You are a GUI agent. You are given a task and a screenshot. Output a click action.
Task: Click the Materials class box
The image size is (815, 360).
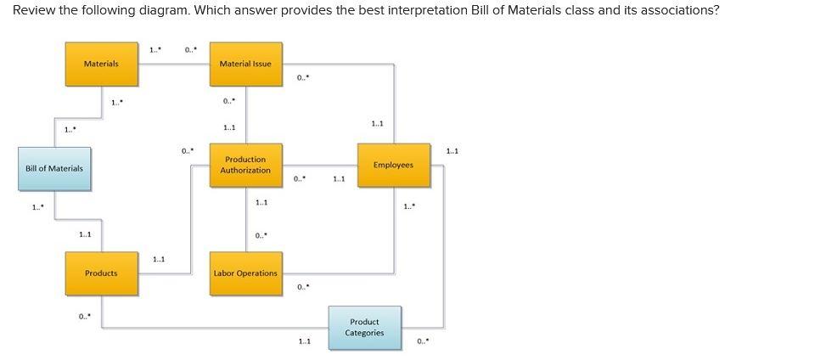point(101,64)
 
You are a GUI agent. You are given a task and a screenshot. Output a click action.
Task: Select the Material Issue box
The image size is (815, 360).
point(245,64)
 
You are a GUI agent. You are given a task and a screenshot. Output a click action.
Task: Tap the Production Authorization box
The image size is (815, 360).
point(245,165)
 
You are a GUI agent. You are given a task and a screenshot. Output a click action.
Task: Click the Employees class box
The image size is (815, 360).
point(393,165)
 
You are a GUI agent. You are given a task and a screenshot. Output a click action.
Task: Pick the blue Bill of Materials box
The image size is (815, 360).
point(54,168)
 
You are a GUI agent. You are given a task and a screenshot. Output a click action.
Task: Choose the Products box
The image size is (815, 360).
point(101,273)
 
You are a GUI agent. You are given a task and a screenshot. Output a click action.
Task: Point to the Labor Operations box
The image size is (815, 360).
point(245,273)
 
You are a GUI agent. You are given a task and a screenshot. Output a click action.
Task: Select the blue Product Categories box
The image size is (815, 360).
point(364,327)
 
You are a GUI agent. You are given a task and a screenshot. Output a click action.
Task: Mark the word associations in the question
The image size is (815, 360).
point(677,10)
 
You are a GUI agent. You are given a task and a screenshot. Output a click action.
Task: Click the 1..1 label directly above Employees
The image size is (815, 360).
point(377,124)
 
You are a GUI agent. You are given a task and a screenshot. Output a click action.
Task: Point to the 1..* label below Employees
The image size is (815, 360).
point(409,206)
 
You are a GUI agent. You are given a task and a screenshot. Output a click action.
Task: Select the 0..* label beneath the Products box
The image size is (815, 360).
point(84,317)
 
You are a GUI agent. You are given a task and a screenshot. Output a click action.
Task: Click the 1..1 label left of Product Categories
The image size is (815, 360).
point(304,341)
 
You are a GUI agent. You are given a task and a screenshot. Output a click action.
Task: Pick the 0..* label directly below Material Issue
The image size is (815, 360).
point(228,102)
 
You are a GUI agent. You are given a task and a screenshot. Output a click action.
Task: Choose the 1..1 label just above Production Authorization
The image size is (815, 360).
point(228,128)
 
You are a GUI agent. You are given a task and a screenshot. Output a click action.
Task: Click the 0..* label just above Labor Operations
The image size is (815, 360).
point(261,235)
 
